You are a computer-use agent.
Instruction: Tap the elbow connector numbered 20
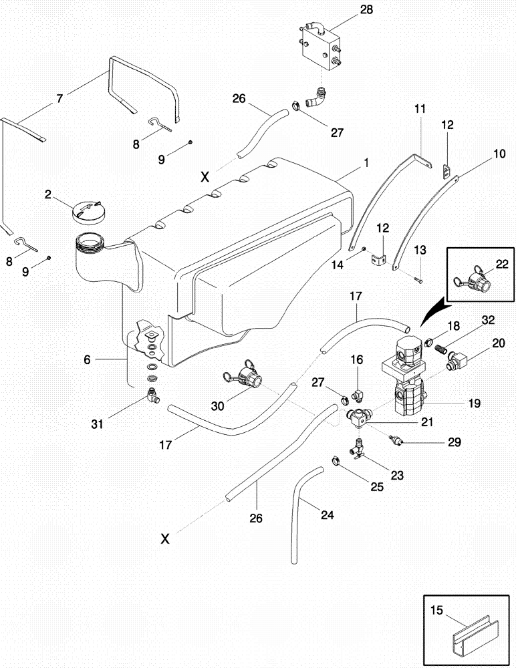point(459,362)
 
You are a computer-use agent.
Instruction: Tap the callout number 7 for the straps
point(59,98)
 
